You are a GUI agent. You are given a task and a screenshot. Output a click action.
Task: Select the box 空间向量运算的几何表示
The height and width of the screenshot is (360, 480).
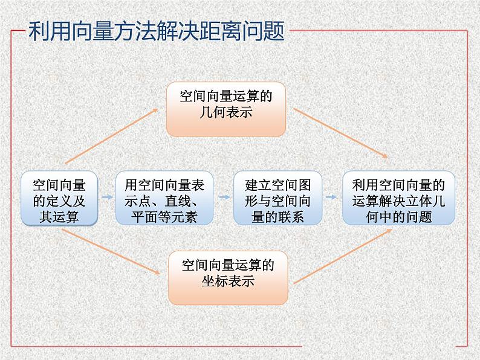pos(225,109)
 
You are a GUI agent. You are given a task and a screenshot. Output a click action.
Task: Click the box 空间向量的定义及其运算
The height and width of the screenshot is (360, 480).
pos(59,198)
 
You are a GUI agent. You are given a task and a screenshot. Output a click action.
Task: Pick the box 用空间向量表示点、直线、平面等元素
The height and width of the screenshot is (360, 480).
pos(160,198)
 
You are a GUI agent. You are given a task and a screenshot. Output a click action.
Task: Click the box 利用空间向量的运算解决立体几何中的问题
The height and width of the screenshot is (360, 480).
pos(398,198)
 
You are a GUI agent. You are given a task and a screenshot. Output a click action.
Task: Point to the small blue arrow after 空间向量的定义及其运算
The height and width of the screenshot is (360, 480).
pos(106,197)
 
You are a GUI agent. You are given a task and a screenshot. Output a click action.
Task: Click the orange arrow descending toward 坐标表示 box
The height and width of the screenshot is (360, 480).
pos(112,254)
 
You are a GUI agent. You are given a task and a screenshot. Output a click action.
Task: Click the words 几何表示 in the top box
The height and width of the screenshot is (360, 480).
pos(225,113)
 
